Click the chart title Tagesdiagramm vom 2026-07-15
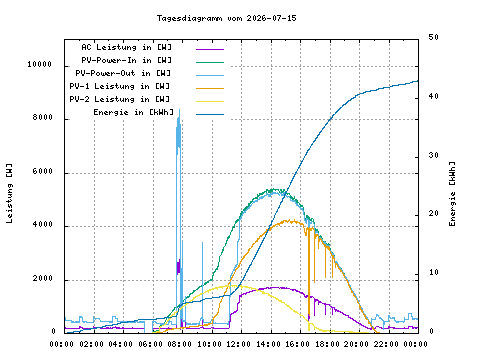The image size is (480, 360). pos(227,18)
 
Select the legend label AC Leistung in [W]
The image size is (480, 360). pos(127,47)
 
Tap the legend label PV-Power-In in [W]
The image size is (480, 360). pos(127,60)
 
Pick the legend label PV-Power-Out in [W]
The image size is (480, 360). pos(123,73)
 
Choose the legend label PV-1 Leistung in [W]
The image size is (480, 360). pos(120,86)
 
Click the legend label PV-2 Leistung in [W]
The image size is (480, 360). pos(120,99)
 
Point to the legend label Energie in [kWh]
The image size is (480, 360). pos(134,112)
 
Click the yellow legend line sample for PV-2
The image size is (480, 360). pos(210,101)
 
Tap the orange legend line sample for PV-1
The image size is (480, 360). pos(210,88)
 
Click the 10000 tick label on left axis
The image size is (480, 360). pos(40,64)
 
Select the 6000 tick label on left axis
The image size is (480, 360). pos(43,171)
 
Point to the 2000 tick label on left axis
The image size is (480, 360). pos(43,278)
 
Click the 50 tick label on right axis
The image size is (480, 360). pos(434,37)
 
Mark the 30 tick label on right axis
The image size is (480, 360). pos(434,155)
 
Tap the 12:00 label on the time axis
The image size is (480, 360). pos(238,344)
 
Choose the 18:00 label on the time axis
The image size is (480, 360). pos(327,344)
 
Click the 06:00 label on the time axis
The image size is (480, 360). pos(150,344)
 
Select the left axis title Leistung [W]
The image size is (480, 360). pos(9,193)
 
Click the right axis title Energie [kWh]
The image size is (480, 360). pos(452,194)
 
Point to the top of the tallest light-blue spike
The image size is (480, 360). pos(180,110)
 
